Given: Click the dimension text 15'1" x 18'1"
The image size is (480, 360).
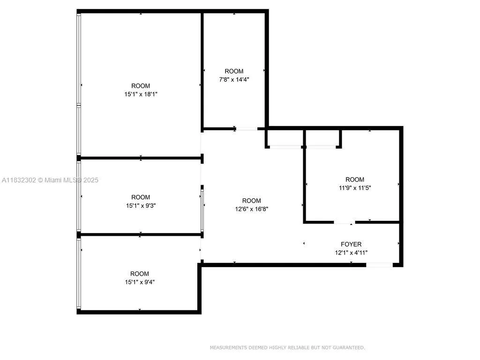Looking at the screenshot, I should click(x=141, y=94).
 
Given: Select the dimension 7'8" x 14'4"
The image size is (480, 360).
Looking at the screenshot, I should click(x=234, y=80).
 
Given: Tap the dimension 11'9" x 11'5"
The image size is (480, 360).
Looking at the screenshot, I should click(x=354, y=188).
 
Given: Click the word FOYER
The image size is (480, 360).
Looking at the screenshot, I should click(x=351, y=244).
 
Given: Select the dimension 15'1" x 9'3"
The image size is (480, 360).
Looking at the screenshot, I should click(x=141, y=205).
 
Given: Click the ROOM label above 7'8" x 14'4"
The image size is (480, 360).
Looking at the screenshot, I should click(x=234, y=71).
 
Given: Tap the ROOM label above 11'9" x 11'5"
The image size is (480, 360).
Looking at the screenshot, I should click(x=355, y=180).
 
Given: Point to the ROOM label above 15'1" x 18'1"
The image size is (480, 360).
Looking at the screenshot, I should click(x=141, y=86).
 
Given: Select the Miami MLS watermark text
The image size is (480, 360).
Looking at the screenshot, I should click(x=51, y=180).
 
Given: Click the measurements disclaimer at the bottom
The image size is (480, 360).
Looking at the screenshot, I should click(x=287, y=347).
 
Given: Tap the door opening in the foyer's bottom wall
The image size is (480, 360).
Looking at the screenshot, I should click(x=379, y=265).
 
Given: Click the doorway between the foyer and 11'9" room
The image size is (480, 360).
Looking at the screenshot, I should click(x=345, y=222).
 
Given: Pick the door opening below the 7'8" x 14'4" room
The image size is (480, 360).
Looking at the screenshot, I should click(x=246, y=128).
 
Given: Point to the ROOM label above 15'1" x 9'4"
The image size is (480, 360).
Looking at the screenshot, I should click(x=140, y=274).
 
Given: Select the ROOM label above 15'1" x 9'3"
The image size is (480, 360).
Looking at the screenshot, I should click(x=141, y=197).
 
